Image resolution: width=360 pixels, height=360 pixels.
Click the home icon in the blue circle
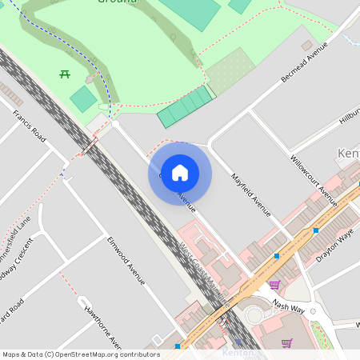[180, 173]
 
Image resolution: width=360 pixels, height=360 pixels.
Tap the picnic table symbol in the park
[64, 74]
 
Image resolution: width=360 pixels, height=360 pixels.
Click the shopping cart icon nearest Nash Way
[274, 285]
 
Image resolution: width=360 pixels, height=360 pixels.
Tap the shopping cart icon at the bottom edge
[286, 343]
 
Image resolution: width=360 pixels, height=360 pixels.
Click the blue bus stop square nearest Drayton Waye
[316, 230]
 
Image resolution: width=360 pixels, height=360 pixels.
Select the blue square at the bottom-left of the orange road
[178, 346]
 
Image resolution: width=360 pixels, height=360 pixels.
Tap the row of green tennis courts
[186, 106]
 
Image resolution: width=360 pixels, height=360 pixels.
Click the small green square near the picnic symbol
[83, 99]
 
